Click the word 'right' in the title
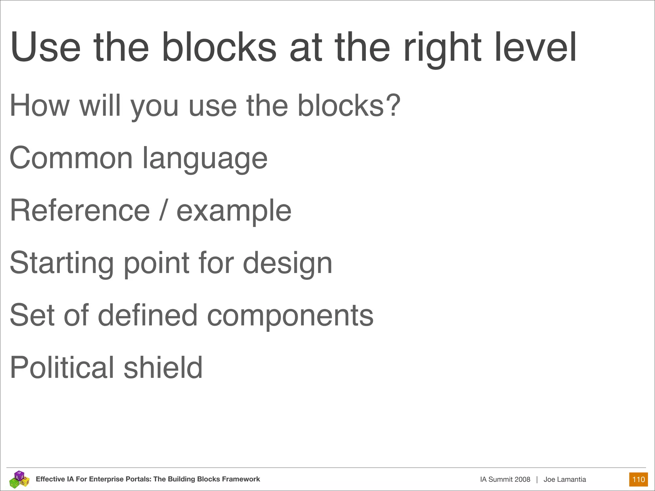tap(442, 48)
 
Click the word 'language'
tap(205, 159)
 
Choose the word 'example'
tap(234, 211)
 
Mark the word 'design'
tap(288, 263)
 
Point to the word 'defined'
tap(147, 315)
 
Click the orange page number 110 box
tap(638, 479)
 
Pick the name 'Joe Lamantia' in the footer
tap(564, 479)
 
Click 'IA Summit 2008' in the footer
tap(505, 479)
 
